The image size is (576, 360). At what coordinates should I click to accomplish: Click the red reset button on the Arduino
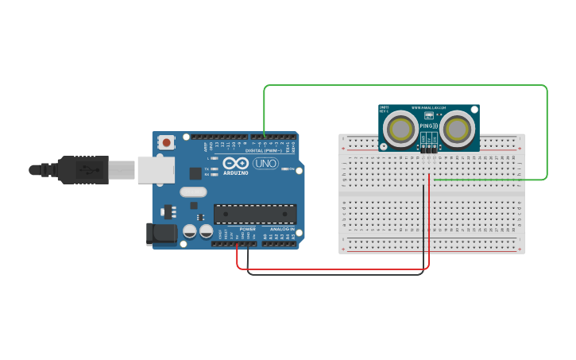click(x=167, y=142)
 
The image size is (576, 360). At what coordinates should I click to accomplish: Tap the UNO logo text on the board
click(x=265, y=163)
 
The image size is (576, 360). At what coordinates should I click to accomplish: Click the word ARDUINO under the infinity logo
click(x=235, y=172)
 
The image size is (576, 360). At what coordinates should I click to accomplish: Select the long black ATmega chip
click(x=255, y=214)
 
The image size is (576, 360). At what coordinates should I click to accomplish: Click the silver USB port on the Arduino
click(x=155, y=169)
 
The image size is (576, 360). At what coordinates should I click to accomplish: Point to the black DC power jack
click(x=160, y=234)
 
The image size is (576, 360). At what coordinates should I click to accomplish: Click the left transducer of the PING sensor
click(x=402, y=129)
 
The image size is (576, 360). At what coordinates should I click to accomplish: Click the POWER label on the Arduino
click(x=247, y=229)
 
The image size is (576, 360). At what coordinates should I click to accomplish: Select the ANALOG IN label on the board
click(x=282, y=229)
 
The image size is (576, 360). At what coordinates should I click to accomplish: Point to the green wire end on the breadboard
click(x=435, y=180)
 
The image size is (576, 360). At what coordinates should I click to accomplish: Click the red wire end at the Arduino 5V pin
click(x=237, y=243)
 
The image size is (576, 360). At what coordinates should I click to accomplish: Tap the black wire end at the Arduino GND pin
click(x=248, y=243)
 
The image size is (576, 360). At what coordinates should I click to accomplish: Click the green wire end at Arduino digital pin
click(x=264, y=136)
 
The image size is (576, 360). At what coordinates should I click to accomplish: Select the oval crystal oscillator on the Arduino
click(x=193, y=192)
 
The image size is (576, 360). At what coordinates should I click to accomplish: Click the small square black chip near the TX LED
click(x=195, y=172)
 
